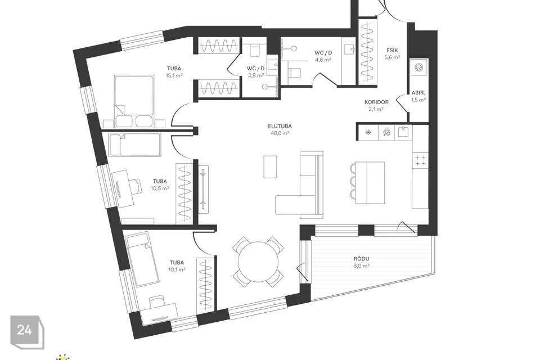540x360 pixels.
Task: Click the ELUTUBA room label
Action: [280, 126]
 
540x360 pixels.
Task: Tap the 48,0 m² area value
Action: [280, 133]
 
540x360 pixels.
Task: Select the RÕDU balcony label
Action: [361, 259]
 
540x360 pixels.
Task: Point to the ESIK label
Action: [392, 51]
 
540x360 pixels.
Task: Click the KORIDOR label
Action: [376, 102]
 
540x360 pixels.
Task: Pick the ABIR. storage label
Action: [418, 93]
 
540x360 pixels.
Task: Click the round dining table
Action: [259, 262]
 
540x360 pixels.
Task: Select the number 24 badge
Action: [25, 330]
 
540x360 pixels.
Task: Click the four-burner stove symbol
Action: [420, 160]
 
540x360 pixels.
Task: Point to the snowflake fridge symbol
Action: [368, 132]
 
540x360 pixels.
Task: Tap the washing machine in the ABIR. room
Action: [419, 67]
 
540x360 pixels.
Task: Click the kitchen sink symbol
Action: [404, 132]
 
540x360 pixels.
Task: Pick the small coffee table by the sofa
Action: [270, 166]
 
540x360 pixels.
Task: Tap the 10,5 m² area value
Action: [160, 188]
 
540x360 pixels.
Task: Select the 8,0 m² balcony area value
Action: [361, 265]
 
